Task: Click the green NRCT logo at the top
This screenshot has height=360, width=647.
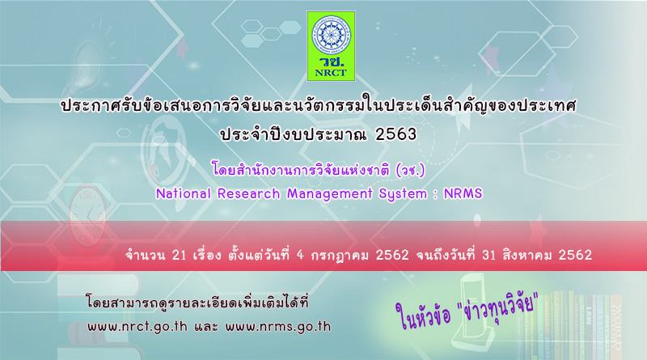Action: click(x=331, y=46)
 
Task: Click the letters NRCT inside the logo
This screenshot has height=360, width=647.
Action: click(x=331, y=73)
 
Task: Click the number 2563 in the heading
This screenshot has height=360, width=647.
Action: click(x=396, y=134)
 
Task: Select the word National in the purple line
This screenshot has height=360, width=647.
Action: click(x=184, y=193)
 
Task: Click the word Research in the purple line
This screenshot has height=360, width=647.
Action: click(x=249, y=193)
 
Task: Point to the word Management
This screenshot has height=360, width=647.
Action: click(x=330, y=194)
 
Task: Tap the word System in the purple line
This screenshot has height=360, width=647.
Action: click(x=403, y=194)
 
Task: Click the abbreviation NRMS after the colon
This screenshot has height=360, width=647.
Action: click(x=463, y=193)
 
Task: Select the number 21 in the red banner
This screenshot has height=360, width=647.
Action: click(x=179, y=255)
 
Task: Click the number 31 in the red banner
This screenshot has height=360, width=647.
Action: click(x=488, y=255)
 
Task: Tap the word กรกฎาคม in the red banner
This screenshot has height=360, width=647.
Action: click(x=340, y=256)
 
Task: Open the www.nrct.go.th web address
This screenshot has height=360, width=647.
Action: click(x=137, y=327)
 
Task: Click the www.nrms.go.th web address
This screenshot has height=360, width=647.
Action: click(x=278, y=327)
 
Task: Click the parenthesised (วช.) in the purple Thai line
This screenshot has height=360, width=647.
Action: click(x=410, y=170)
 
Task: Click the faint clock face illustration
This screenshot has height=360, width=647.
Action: click(x=87, y=217)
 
